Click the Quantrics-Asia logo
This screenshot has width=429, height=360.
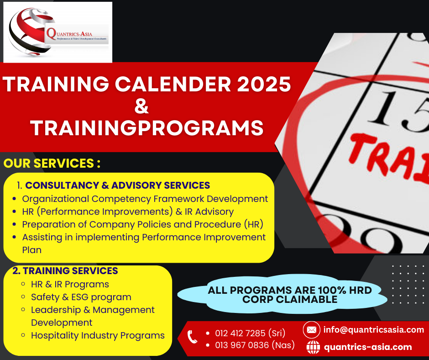pyautogui.click(x=58, y=32)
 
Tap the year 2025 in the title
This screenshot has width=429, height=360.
pyautogui.click(x=264, y=84)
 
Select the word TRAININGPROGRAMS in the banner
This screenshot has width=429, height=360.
pyautogui.click(x=146, y=127)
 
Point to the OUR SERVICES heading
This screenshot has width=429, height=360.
pyautogui.click(x=52, y=163)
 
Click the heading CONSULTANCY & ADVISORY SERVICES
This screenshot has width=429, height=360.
pyautogui.click(x=118, y=185)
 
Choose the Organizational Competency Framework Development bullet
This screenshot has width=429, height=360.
pyautogui.click(x=145, y=199)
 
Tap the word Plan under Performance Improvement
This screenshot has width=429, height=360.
pyautogui.click(x=32, y=250)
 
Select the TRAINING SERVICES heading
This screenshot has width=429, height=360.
pyautogui.click(x=70, y=270)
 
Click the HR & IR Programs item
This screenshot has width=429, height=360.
pyautogui.click(x=70, y=284)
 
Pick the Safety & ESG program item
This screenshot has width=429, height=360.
pyautogui.click(x=81, y=297)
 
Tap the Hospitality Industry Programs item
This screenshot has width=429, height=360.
pyautogui.click(x=98, y=335)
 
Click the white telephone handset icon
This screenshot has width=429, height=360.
pyautogui.click(x=192, y=337)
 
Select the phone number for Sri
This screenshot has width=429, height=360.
pyautogui.click(x=250, y=333)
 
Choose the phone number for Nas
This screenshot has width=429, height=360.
pyautogui.click(x=255, y=345)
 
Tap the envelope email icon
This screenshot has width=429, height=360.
pyautogui.click(x=311, y=329)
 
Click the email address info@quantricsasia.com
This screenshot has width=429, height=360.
pyautogui.click(x=374, y=329)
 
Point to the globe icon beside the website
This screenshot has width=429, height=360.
pyautogui.click(x=313, y=347)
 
